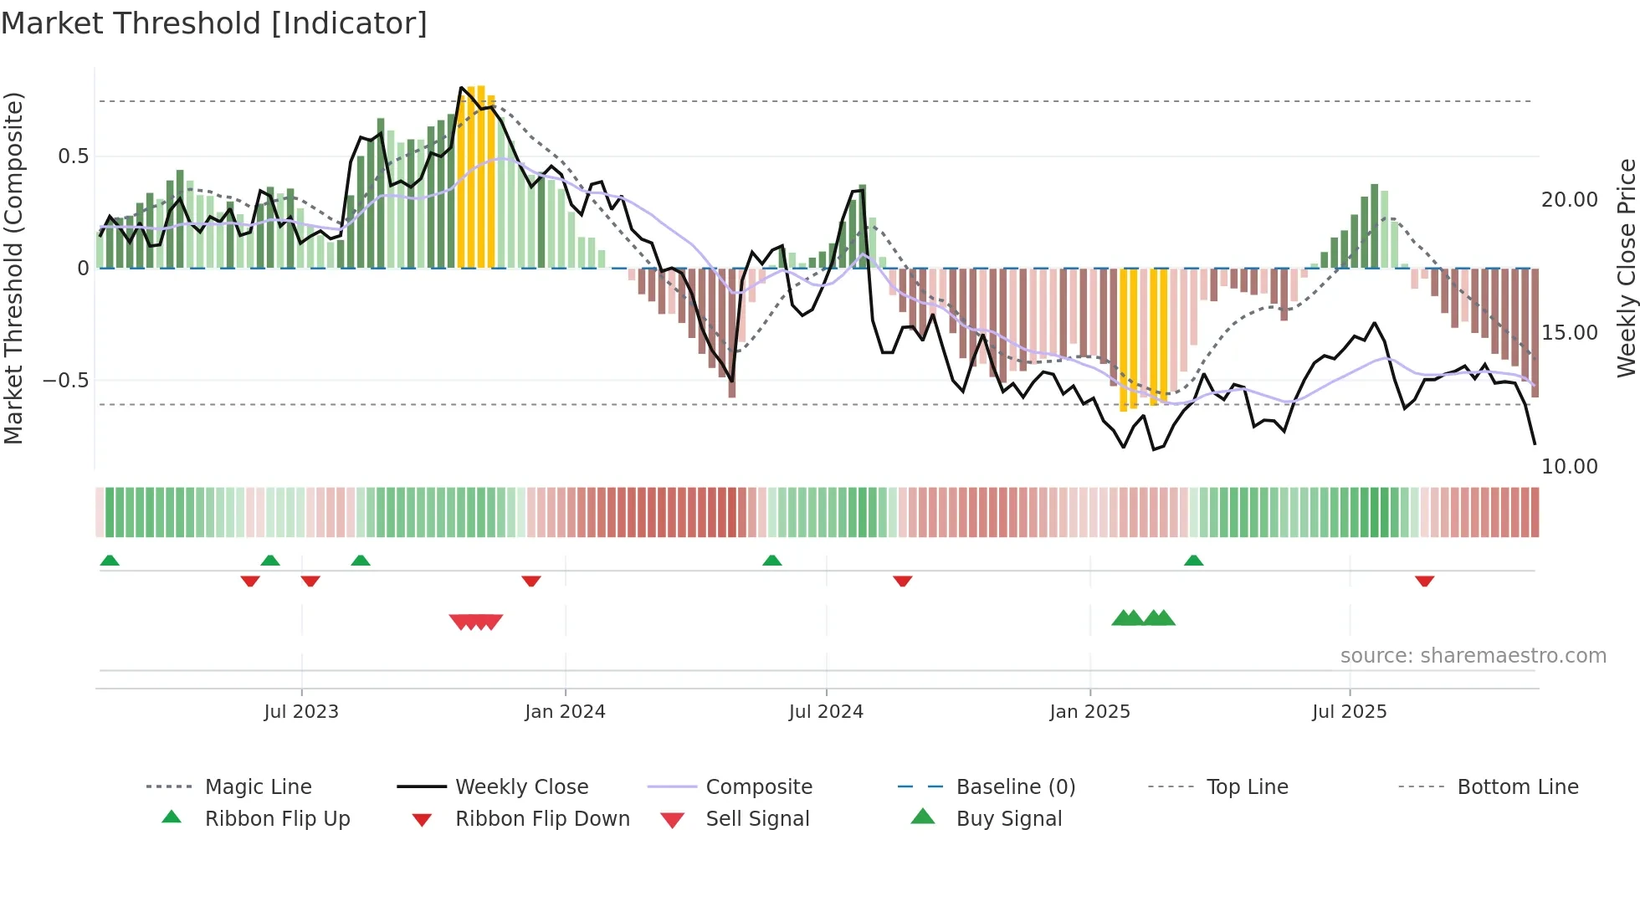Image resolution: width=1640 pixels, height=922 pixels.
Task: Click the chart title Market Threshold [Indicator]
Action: click(x=214, y=23)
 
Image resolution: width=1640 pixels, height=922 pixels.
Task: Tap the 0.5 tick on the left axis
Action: click(x=73, y=156)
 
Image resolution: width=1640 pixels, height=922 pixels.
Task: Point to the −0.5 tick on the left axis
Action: click(x=65, y=381)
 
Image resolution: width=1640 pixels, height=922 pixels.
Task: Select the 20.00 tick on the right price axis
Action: click(x=1569, y=200)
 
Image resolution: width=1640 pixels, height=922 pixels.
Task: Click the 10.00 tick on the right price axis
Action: click(x=1569, y=467)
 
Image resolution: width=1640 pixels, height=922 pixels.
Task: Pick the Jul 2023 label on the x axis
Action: click(x=301, y=712)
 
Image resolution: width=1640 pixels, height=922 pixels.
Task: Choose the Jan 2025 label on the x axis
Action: click(x=1089, y=712)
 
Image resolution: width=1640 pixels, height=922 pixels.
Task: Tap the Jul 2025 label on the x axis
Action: click(x=1349, y=712)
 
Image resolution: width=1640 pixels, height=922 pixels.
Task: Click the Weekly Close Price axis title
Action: click(x=1626, y=268)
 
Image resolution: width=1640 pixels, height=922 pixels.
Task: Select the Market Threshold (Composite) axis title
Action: click(x=13, y=268)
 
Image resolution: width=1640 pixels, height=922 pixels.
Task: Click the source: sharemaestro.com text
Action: click(x=1473, y=656)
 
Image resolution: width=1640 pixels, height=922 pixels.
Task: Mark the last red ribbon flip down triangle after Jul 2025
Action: click(x=1424, y=581)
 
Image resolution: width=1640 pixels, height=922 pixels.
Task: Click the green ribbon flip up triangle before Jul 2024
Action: click(x=771, y=561)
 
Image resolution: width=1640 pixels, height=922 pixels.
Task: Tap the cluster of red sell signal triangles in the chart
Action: click(x=476, y=622)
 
